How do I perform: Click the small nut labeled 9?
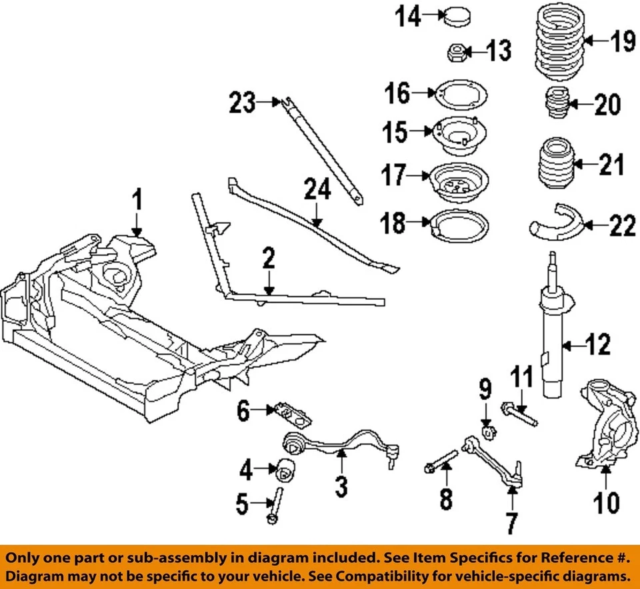point(487,431)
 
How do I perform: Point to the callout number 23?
point(243,103)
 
